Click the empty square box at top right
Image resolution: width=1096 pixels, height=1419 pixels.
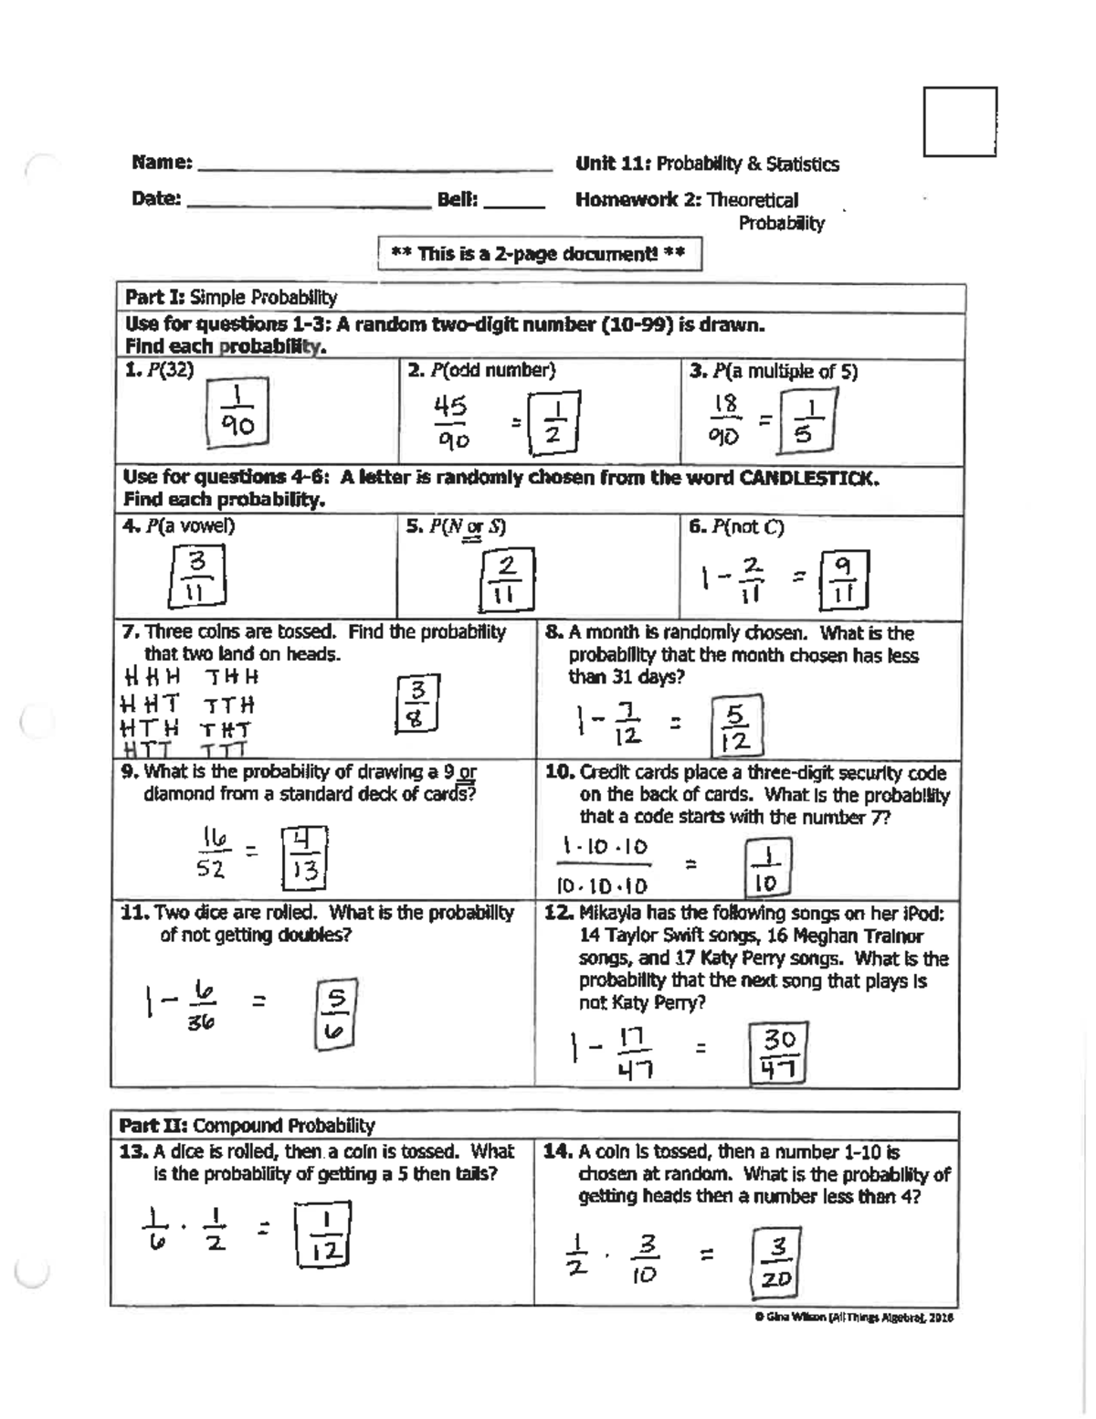click(959, 122)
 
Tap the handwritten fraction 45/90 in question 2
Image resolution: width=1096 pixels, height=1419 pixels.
click(451, 422)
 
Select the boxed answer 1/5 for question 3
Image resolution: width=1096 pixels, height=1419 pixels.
click(806, 421)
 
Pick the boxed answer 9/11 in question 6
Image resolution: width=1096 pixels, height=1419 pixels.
click(844, 580)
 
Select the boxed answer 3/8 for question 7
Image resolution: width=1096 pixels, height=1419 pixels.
click(418, 702)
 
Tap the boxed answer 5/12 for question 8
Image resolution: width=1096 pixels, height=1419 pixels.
click(736, 726)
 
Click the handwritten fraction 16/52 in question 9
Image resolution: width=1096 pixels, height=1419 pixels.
click(212, 852)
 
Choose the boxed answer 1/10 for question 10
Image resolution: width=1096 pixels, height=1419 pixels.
click(767, 869)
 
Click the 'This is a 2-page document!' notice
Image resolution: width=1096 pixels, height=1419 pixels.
click(539, 254)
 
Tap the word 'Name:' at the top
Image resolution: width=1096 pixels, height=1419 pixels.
click(162, 164)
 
